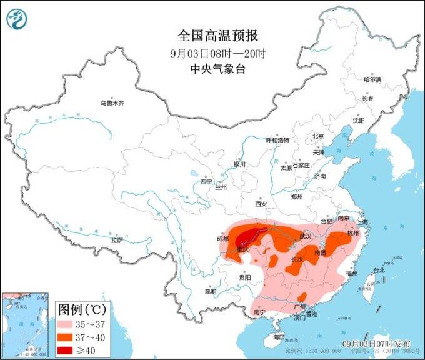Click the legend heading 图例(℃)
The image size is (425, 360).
82,309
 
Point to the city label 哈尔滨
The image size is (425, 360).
372,79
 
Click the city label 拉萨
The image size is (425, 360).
117,240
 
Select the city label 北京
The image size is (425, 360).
318,136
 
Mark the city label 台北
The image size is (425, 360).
379,271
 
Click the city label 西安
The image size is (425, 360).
261,204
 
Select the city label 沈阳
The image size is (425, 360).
358,120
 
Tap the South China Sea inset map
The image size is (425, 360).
25,324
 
